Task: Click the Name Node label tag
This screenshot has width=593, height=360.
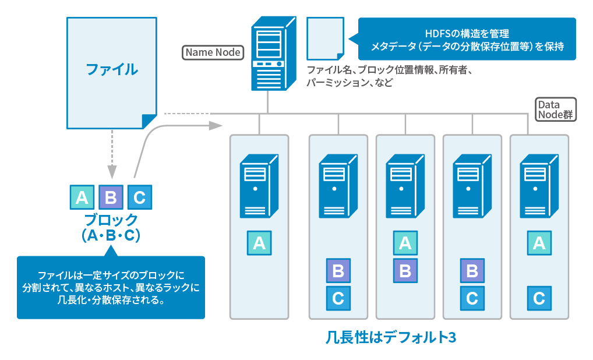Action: pos(213,52)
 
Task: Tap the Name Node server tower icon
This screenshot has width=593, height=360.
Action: pos(267,54)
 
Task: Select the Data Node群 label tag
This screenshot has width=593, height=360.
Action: pos(556,109)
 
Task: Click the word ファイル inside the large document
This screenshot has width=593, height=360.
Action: pos(112,69)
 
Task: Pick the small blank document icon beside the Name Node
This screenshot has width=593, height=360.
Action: pos(325,38)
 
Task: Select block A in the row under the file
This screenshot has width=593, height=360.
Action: pos(82,197)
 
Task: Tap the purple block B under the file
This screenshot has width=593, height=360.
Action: pos(111,197)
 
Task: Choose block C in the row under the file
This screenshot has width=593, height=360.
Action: pos(139,197)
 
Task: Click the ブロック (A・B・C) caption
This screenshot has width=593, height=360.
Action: pos(111,228)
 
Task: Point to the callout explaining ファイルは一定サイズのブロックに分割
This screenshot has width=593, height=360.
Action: pos(111,287)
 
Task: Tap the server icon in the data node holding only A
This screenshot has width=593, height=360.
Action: pos(259,185)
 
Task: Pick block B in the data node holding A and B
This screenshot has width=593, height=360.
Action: pos(405,270)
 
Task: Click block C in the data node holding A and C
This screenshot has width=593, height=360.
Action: pos(539,299)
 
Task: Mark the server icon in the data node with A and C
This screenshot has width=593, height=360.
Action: pos(539,185)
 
